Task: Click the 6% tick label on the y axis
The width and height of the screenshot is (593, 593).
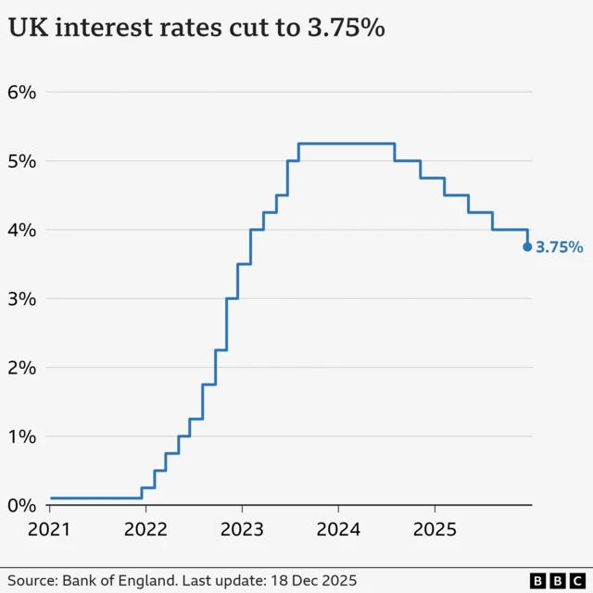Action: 22,93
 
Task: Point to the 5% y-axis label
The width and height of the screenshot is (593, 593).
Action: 22,161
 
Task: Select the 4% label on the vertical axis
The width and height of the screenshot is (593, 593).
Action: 22,230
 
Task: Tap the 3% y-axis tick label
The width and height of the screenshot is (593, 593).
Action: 22,298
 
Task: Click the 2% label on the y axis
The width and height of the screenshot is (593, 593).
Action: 22,368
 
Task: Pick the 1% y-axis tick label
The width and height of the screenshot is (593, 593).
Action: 22,436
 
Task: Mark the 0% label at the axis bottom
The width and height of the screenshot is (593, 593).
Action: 22,505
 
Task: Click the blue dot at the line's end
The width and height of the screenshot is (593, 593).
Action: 527,246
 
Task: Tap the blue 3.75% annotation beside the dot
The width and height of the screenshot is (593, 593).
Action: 560,247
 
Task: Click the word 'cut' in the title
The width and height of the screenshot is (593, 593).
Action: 244,30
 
